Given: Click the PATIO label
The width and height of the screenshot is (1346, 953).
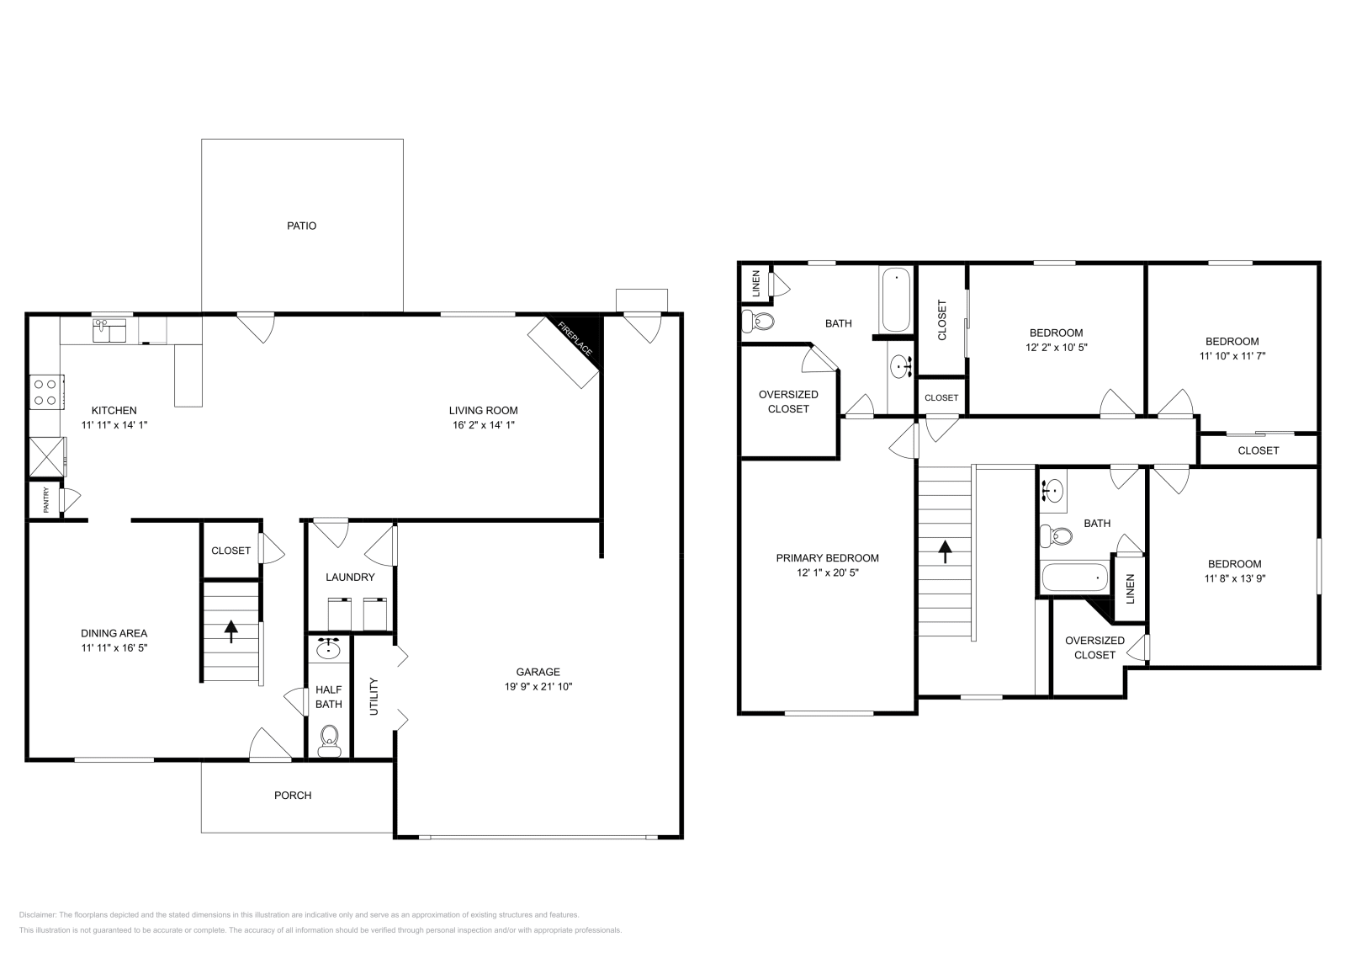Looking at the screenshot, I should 301,226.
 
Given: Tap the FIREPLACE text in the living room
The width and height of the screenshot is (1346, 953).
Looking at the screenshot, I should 576,339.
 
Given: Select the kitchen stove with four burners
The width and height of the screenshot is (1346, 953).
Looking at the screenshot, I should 45,391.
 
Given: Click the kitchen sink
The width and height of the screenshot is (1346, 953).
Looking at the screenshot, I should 109,330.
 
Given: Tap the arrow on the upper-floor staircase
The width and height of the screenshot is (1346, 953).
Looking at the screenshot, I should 945,551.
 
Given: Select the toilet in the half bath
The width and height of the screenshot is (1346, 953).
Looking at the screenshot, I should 328,740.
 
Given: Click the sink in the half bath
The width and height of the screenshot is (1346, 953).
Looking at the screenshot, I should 328,649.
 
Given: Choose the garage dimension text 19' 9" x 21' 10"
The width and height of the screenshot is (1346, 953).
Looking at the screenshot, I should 538,686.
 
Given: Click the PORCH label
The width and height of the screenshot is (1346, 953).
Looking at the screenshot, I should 293,795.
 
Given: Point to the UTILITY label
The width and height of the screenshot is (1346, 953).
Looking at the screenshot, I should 374,696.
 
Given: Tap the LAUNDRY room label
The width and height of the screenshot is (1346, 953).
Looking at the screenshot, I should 350,577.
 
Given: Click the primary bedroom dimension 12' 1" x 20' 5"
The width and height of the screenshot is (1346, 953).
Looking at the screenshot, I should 827,572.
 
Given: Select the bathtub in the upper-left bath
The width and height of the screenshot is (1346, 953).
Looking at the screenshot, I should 896,300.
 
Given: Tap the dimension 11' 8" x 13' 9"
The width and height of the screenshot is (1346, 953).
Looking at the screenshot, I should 1234,578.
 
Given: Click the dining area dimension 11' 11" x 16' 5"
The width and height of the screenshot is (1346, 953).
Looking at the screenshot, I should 114,647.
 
